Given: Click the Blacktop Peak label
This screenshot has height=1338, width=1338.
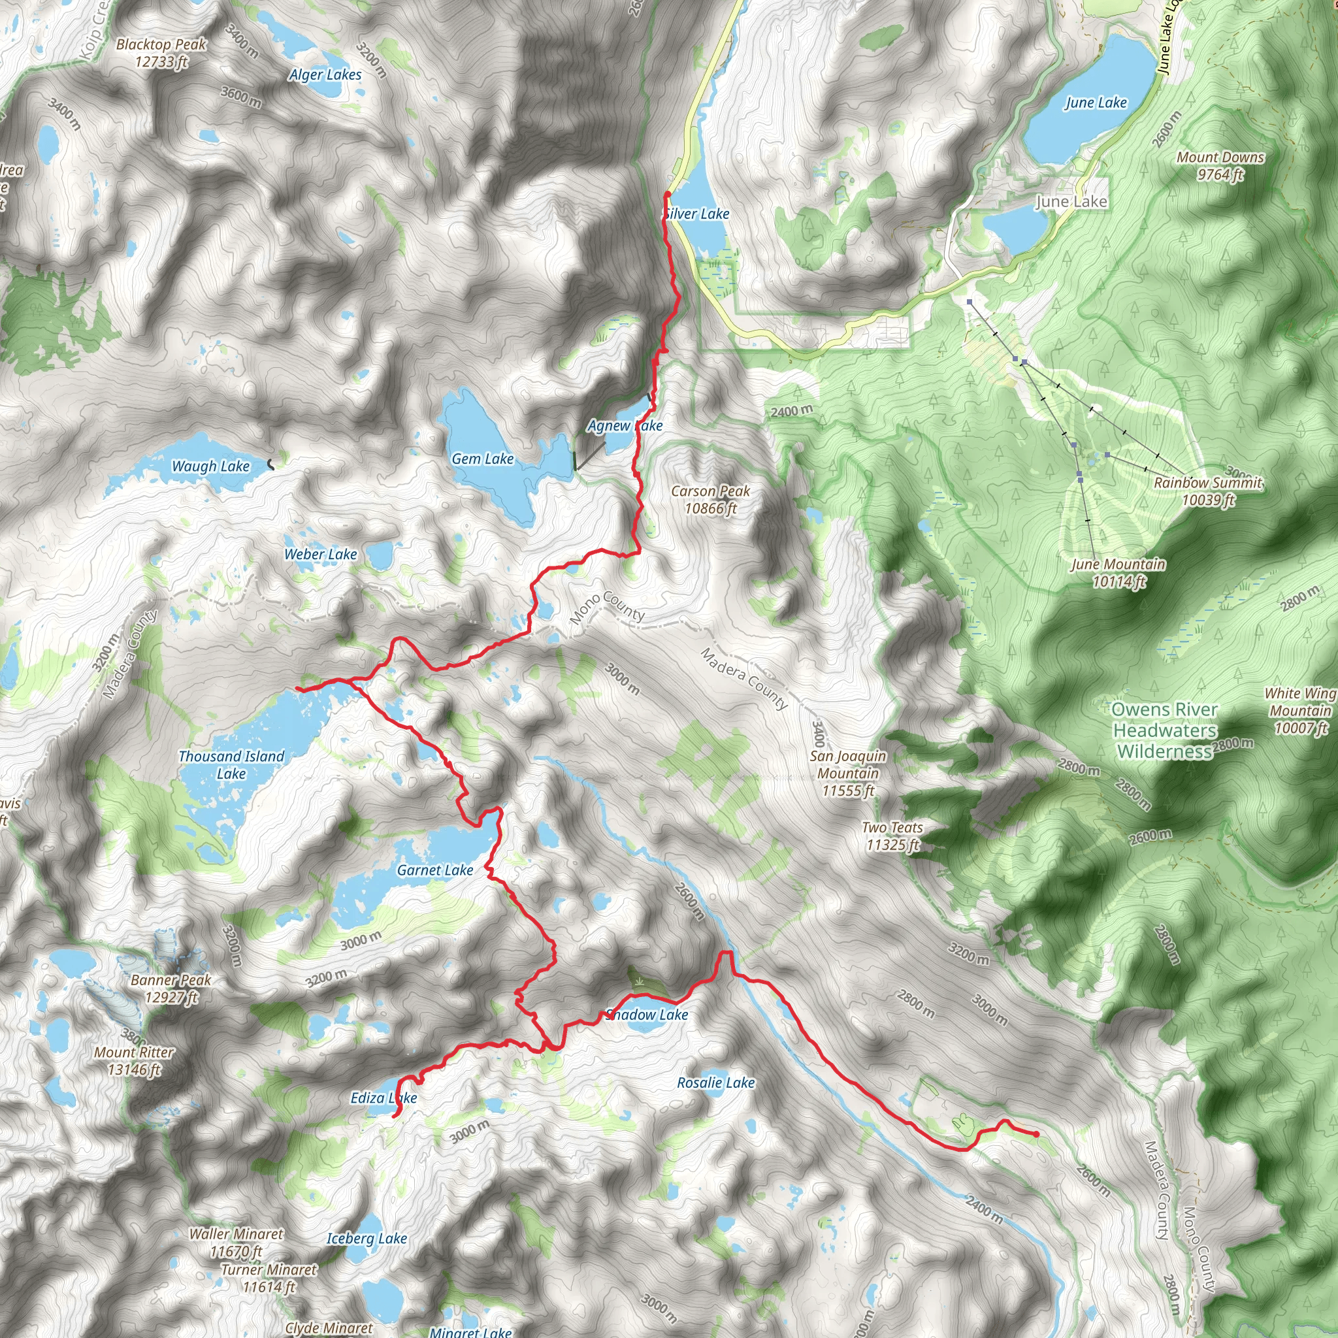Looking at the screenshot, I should point(161,54).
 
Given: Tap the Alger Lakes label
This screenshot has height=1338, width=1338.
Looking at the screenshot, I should point(325,74).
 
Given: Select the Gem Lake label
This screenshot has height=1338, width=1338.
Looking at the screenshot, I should point(483,459).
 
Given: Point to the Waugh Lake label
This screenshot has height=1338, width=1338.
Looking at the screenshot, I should point(210,466).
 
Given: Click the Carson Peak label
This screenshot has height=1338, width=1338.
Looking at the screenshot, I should point(711,499).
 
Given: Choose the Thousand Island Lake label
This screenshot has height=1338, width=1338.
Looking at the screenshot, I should point(231,764).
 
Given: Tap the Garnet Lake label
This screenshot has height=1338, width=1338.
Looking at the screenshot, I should point(435,870).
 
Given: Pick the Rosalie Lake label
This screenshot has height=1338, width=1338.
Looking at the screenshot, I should point(716,1083).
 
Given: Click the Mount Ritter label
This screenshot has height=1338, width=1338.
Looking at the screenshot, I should point(135,1061).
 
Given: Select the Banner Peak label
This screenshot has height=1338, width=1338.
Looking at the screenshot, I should point(171,988).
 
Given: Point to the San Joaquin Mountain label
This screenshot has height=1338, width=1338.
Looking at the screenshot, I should point(847,773).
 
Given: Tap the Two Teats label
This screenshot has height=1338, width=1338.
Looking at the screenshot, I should point(892,836).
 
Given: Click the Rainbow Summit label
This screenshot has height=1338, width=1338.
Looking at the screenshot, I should point(1208,491).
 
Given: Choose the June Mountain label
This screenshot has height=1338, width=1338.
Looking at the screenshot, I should point(1118,573).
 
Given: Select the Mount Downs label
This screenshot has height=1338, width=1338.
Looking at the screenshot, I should point(1220,165).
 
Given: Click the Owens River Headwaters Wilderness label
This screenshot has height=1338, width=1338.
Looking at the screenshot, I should point(1165,730).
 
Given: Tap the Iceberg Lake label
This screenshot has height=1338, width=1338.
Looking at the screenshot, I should point(367,1238).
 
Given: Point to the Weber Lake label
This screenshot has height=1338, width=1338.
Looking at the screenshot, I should point(321,554).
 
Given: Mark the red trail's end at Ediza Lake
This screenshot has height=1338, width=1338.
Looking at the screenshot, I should point(395,1116).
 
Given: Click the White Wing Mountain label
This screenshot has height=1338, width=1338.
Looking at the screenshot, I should point(1300,710).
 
